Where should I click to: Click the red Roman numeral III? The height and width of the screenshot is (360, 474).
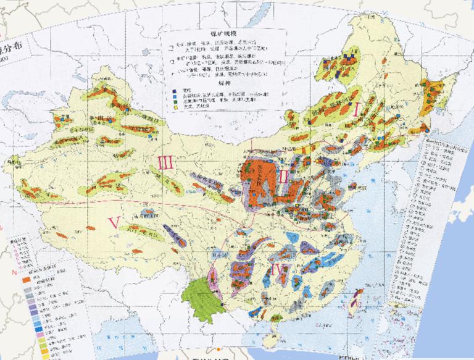click(x=164, y=163)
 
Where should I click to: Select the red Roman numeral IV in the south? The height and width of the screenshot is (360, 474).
click(x=277, y=269)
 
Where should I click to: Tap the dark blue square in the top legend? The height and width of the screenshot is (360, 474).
click(x=175, y=90)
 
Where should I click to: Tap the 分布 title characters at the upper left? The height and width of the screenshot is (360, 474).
click(x=14, y=50)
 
